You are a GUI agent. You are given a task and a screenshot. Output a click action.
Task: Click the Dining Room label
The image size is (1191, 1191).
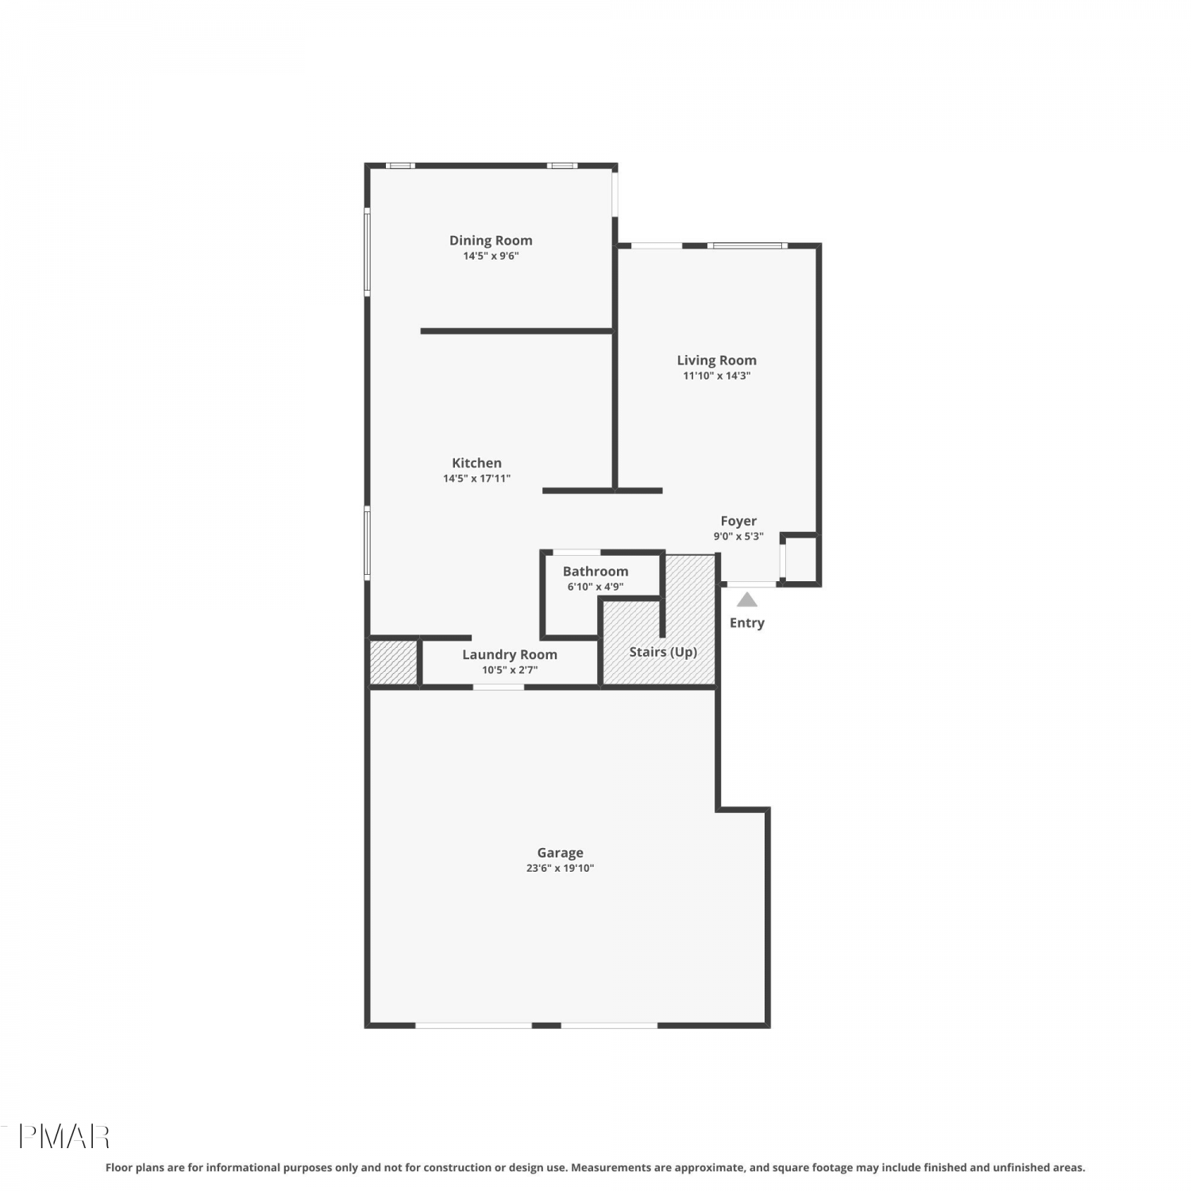tap(491, 240)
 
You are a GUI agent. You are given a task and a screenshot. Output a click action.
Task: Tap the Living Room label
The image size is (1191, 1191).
tap(716, 360)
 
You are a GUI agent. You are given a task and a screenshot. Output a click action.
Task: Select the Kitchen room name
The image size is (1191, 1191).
tap(476, 463)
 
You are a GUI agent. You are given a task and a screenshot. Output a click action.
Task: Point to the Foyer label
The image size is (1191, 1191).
tap(738, 521)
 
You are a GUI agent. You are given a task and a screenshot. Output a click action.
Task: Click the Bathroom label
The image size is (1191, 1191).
tap(595, 571)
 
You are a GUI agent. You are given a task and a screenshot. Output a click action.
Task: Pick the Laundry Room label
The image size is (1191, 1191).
tap(510, 654)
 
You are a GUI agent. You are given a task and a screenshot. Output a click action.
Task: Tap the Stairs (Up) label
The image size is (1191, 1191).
tap(663, 652)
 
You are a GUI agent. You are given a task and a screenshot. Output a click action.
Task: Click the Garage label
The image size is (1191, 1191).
tap(560, 853)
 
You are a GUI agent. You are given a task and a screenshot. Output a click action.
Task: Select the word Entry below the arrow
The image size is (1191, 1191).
tap(747, 622)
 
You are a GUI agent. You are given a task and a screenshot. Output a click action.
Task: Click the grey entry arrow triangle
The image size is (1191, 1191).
tap(747, 600)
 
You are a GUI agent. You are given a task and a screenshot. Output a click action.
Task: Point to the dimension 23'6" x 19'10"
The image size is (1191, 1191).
tap(560, 868)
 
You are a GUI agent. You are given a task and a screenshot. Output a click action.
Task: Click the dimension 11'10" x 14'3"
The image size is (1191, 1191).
tap(716, 376)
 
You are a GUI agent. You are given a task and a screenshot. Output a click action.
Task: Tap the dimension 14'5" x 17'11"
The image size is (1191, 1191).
tap(476, 478)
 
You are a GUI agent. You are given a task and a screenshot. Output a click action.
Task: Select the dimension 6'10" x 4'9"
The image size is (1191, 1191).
tap(595, 587)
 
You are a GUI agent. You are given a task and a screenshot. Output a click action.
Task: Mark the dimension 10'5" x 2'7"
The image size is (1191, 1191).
tap(510, 669)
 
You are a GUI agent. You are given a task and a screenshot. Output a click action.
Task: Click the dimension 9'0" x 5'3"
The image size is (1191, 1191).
tap(738, 536)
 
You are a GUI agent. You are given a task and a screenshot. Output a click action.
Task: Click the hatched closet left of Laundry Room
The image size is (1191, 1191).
tap(394, 661)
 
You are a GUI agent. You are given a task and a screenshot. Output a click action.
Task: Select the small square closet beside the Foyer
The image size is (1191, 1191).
tap(800, 560)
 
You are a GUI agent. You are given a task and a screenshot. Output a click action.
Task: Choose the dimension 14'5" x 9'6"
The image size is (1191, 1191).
tap(491, 256)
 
